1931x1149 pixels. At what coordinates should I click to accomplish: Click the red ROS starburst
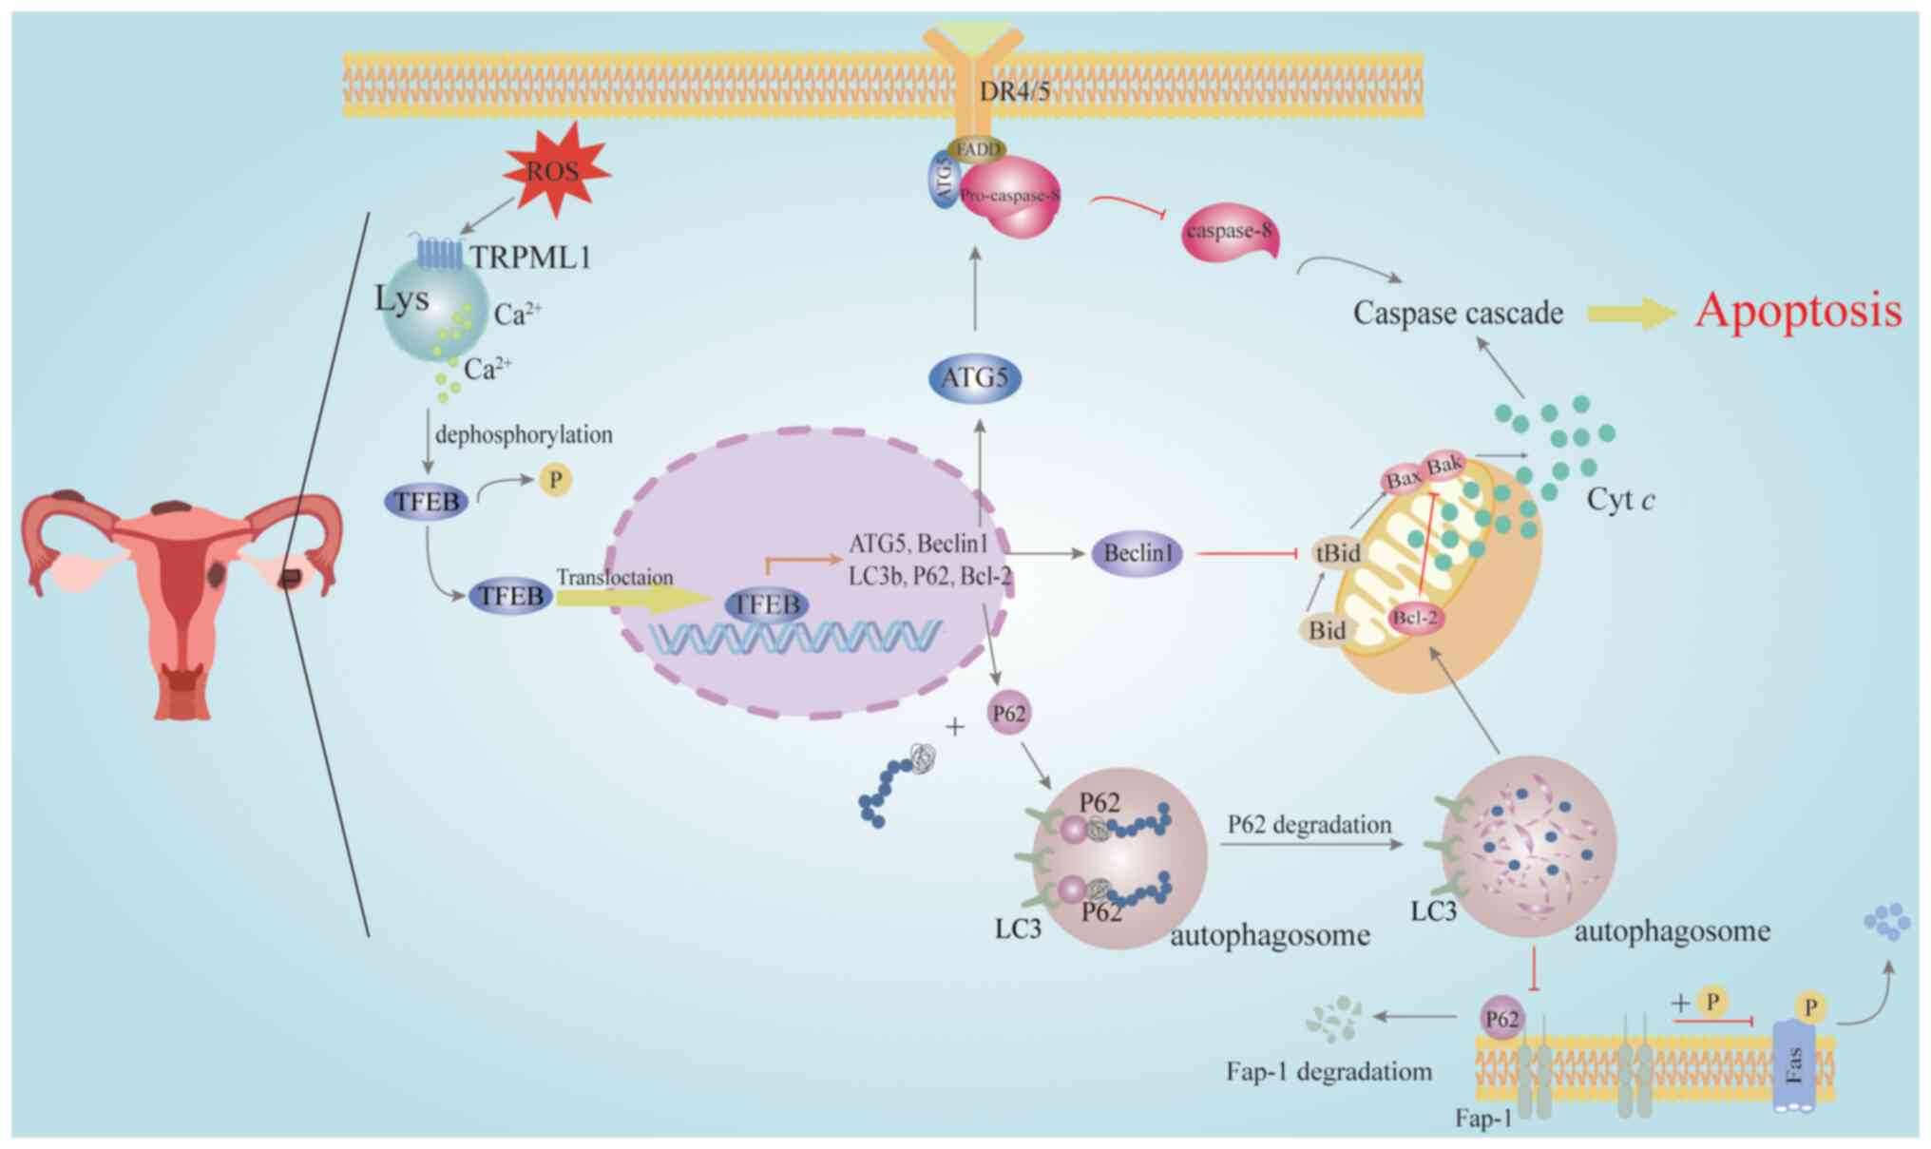554,171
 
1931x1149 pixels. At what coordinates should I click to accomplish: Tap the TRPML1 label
530,257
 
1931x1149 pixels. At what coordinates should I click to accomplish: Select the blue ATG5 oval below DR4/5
975,378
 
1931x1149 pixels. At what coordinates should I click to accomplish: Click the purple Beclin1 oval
1138,553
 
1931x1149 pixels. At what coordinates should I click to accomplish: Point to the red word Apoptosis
1799,311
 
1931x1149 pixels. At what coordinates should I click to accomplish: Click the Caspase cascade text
1458,313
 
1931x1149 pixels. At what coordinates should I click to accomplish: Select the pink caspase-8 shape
1229,233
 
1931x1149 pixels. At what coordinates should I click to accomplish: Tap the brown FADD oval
977,149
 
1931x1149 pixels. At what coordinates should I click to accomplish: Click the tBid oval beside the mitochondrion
1337,553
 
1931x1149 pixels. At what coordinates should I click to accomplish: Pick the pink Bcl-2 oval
1415,618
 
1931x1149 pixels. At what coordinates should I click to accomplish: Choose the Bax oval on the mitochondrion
1403,479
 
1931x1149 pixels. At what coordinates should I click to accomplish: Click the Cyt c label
1620,500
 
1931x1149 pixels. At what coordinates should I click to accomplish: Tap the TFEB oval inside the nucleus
766,604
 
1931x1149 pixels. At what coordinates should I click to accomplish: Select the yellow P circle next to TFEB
556,480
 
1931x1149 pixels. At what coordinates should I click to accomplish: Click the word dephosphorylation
524,435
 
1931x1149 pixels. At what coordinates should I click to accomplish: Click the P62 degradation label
1309,824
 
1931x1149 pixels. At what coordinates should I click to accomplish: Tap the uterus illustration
181,589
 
